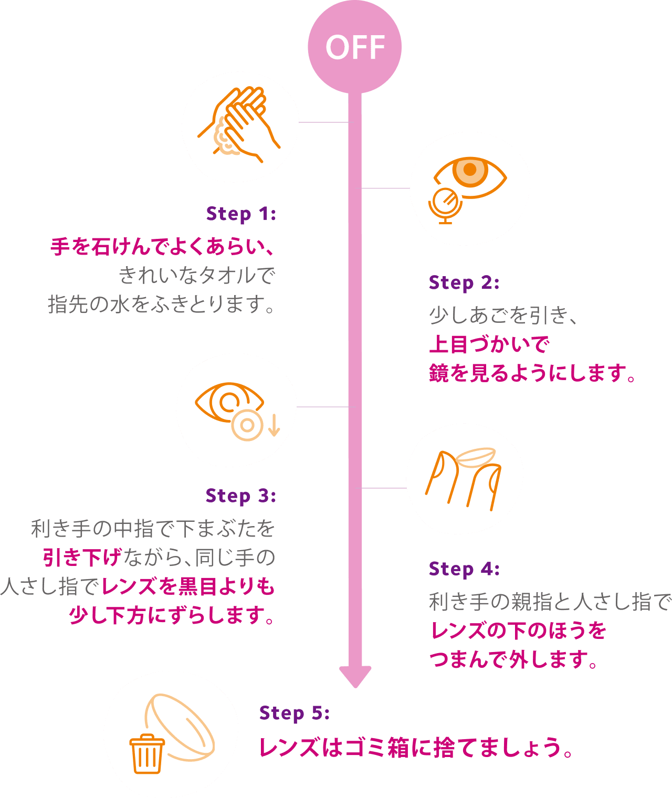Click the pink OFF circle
coord(355,47)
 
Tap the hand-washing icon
coord(239,124)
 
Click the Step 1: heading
coord(241,214)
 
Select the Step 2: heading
coord(464,283)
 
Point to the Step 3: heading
coord(240,496)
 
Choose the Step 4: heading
coord(464,569)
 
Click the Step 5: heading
coord(294,713)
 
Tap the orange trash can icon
coord(147,754)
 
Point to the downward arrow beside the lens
coord(274,425)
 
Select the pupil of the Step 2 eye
coord(470,170)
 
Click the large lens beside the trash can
coord(184,727)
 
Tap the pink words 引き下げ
coord(82,558)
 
